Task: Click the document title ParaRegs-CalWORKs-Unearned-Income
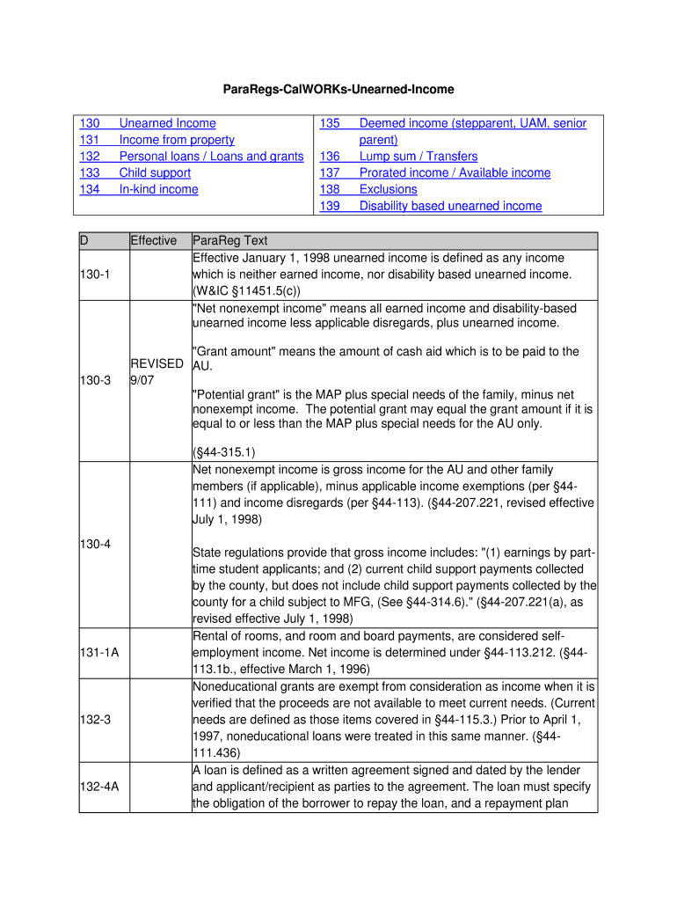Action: (338, 90)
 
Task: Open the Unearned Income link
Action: (167, 123)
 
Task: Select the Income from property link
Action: (177, 140)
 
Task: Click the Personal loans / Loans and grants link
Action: (211, 157)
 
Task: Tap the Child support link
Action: (155, 173)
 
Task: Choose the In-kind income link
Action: (158, 189)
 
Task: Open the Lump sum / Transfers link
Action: (419, 157)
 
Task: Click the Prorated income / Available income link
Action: (455, 173)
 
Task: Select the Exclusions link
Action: (388, 189)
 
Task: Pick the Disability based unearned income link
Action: (450, 206)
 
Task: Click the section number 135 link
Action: (330, 123)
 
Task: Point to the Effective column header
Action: (153, 241)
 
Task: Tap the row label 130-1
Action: (95, 275)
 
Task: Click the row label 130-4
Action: (95, 544)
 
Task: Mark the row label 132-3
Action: (95, 720)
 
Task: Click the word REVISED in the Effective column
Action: (157, 363)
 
